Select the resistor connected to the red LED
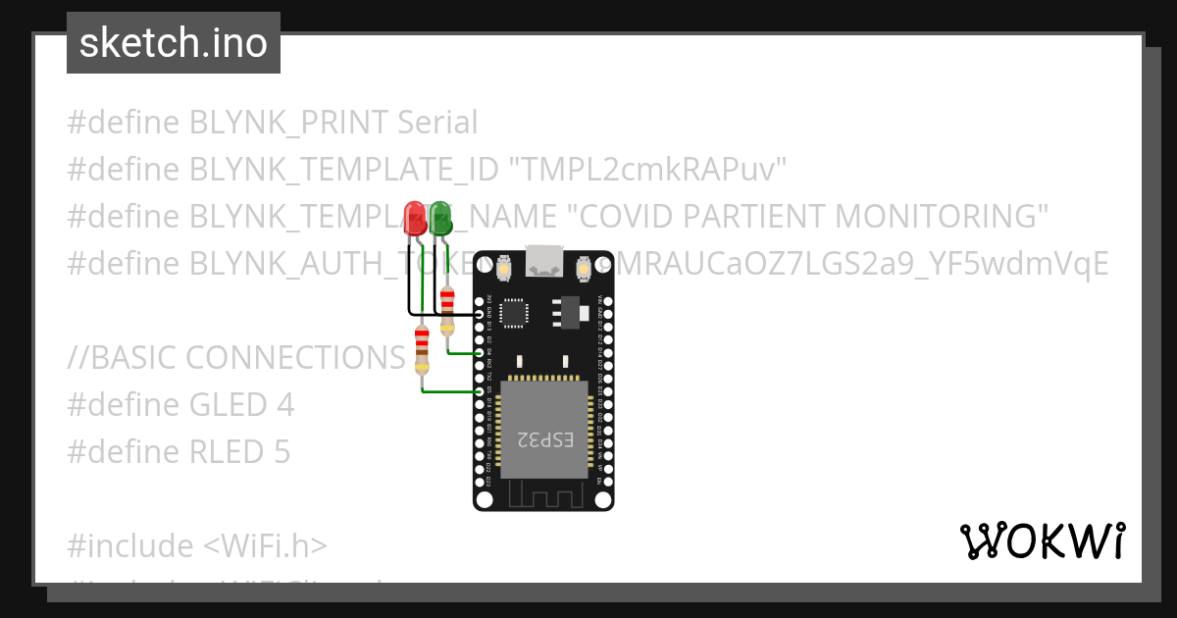click(422, 348)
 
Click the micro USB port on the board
click(542, 261)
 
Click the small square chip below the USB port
click(514, 312)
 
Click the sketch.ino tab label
click(174, 43)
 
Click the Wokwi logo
click(1043, 541)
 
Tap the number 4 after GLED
click(285, 405)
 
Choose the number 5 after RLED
click(281, 452)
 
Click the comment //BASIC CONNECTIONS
click(236, 358)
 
